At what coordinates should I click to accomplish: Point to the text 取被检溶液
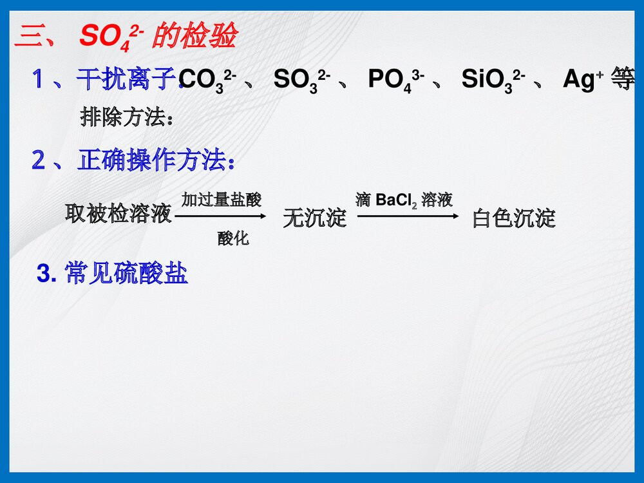tap(118, 214)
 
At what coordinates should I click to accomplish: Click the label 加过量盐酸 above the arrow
tap(222, 200)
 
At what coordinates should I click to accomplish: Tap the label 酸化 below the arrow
tap(233, 239)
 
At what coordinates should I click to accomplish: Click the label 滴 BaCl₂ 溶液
tap(404, 200)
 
